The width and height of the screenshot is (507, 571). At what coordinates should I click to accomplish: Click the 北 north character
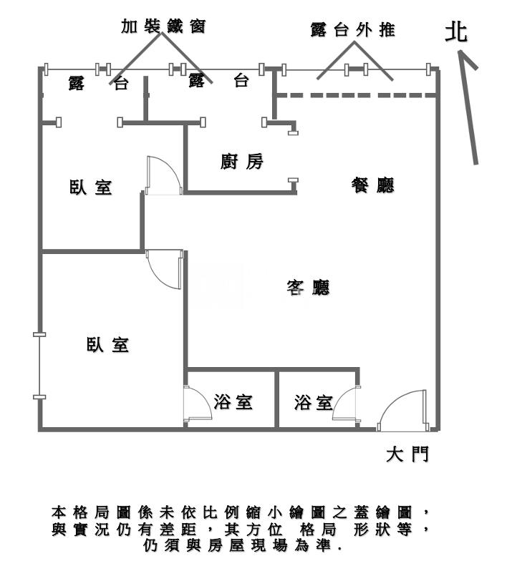pyautogui.click(x=456, y=32)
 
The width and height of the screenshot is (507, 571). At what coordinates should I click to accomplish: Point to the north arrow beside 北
pyautogui.click(x=469, y=107)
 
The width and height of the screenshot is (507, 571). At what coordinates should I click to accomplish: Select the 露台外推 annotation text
pyautogui.click(x=353, y=31)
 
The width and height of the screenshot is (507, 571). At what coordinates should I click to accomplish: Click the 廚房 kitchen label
pyautogui.click(x=242, y=162)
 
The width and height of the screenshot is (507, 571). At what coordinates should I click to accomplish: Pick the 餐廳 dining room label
pyautogui.click(x=372, y=186)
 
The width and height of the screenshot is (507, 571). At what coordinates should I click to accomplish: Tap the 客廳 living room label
pyautogui.click(x=308, y=288)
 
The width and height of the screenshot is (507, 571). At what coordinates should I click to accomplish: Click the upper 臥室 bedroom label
pyautogui.click(x=91, y=188)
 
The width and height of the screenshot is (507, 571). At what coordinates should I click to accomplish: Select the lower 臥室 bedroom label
pyautogui.click(x=108, y=345)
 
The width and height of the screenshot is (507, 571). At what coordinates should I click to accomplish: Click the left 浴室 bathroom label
pyautogui.click(x=233, y=403)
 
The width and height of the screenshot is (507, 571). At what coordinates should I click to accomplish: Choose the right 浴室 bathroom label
pyautogui.click(x=313, y=403)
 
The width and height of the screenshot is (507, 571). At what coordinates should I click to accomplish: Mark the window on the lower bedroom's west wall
pyautogui.click(x=38, y=366)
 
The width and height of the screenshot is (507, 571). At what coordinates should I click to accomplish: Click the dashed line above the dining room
pyautogui.click(x=356, y=94)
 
